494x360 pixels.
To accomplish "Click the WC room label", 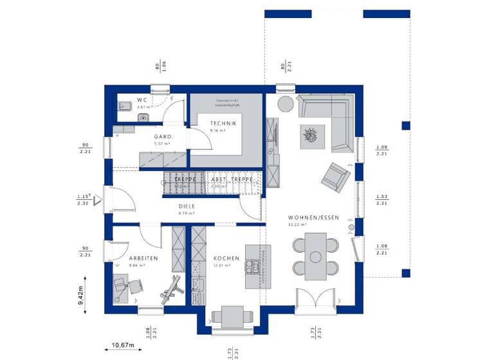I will (x=142, y=100).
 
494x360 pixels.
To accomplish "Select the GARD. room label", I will (x=161, y=137).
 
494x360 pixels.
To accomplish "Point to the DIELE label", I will (x=187, y=206).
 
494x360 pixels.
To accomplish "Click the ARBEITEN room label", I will (x=143, y=258).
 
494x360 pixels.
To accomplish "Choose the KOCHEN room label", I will (x=226, y=258).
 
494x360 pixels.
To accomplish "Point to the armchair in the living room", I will (x=336, y=176).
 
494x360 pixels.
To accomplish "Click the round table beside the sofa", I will (x=284, y=104).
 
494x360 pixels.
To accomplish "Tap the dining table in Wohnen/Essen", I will (x=315, y=256).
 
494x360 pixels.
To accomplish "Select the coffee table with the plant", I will (x=311, y=135).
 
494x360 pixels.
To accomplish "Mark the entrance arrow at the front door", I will (x=98, y=201).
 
